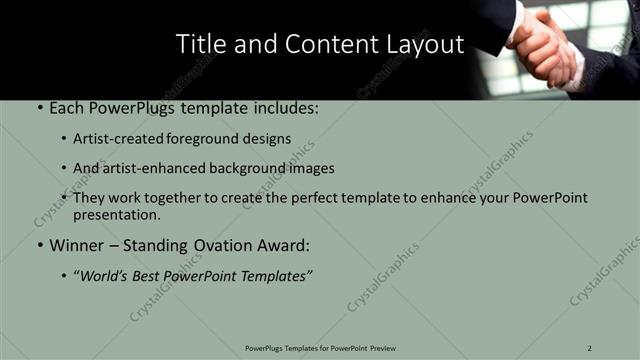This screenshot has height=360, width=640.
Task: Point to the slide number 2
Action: (590, 348)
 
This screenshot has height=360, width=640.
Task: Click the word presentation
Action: (116, 214)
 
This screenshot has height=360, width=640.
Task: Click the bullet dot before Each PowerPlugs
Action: (38, 106)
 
